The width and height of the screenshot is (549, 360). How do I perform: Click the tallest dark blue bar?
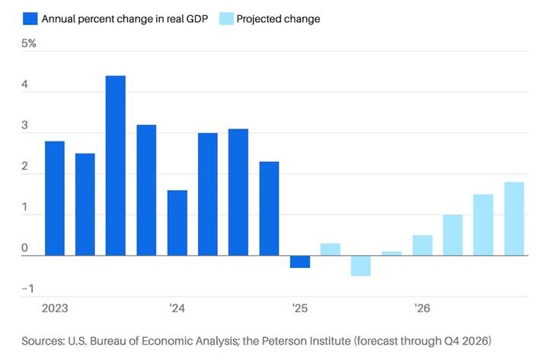click(116, 165)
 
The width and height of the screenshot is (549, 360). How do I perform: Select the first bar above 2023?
click(55, 198)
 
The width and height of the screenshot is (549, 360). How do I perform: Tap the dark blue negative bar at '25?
click(299, 262)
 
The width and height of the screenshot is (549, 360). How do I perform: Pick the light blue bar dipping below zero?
click(361, 266)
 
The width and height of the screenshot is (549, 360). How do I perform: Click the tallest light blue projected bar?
click(514, 218)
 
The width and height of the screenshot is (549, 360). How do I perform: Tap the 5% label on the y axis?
click(29, 43)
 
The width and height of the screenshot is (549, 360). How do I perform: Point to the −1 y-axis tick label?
click(27, 288)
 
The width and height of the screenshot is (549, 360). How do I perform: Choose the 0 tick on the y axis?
click(24, 247)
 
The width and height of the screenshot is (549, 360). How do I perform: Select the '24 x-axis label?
click(177, 308)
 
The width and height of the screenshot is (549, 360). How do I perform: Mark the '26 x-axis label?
click(422, 308)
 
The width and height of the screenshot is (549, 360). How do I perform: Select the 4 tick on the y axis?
click(24, 85)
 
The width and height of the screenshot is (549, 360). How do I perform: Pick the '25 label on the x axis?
click(299, 308)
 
